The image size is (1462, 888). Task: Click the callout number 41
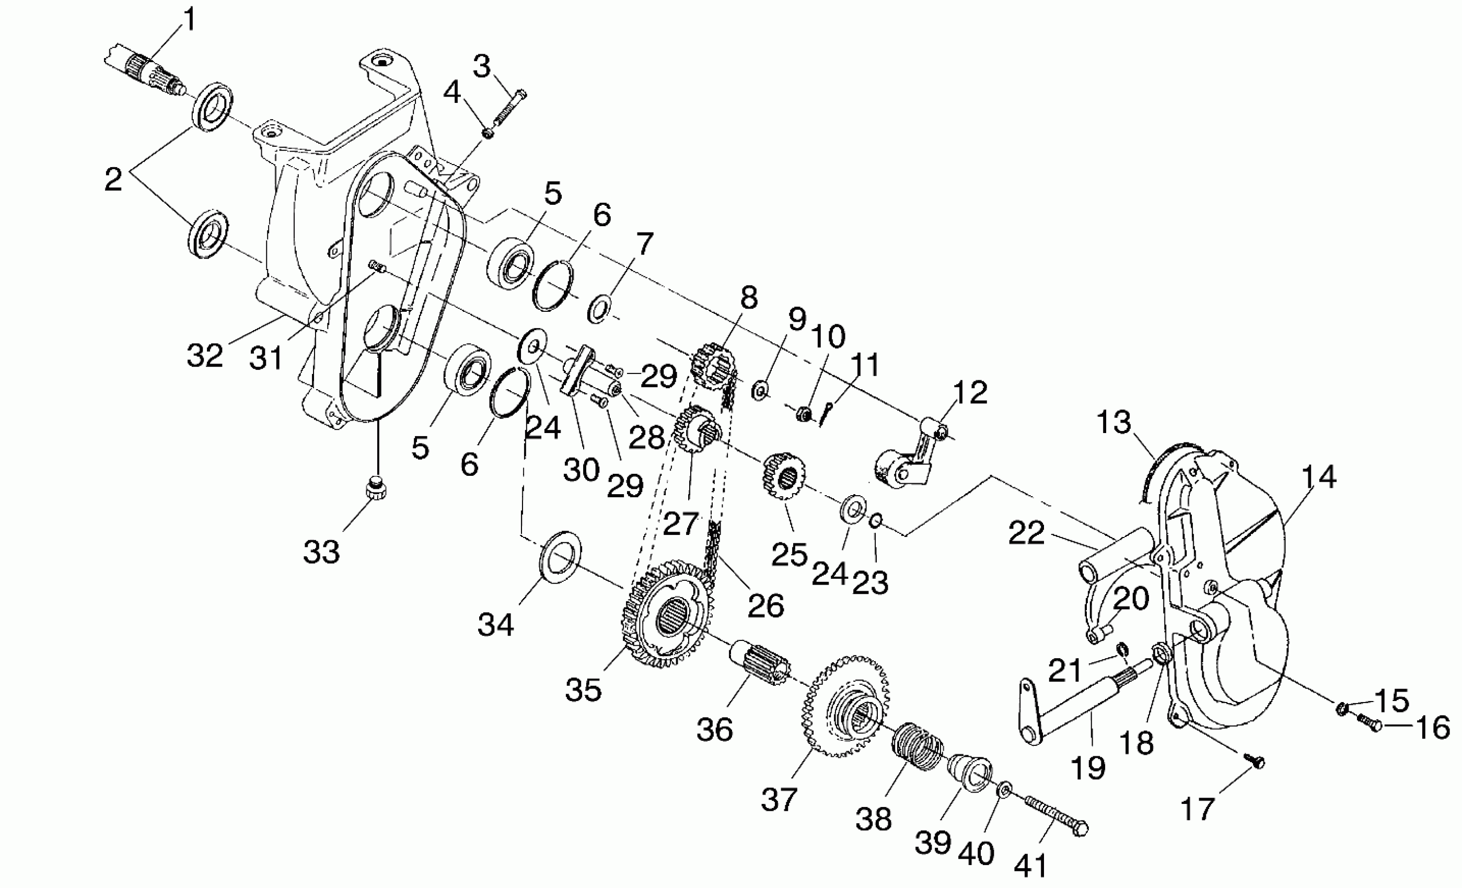1030,866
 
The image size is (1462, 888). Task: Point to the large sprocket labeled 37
845,705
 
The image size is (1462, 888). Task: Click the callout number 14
1319,477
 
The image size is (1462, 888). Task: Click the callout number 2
113,179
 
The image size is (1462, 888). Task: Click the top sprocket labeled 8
712,364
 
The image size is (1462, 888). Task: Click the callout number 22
1026,533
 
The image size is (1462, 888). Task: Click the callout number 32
205,355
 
